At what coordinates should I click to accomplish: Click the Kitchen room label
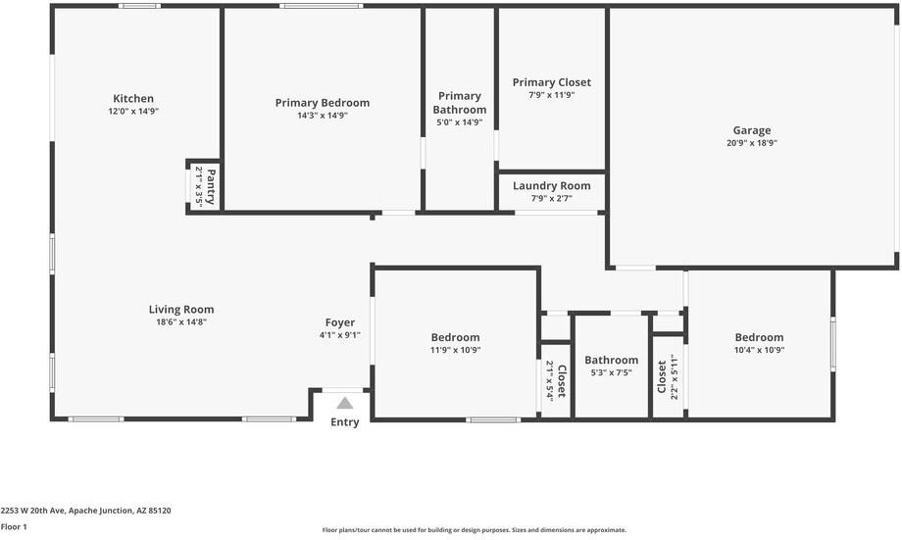[x=133, y=99]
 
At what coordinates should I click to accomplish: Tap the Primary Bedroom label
[x=322, y=103]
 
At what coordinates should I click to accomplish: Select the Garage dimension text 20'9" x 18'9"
[x=752, y=143]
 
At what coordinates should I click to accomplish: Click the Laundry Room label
[x=551, y=186]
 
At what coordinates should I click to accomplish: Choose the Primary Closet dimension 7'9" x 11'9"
[x=551, y=95]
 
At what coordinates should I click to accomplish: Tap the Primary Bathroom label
[x=459, y=103]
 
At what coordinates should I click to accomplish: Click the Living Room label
[x=181, y=310]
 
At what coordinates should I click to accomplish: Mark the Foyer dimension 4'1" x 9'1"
[x=340, y=335]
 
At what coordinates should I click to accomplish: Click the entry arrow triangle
[x=344, y=403]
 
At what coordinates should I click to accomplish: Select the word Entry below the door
[x=344, y=422]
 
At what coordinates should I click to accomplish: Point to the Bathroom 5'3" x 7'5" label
[x=611, y=361]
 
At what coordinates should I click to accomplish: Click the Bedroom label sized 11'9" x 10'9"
[x=455, y=338]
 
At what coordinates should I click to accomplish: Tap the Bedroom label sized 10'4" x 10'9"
[x=759, y=338]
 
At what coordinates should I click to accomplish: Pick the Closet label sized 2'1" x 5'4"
[x=562, y=380]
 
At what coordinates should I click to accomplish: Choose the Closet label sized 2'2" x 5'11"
[x=662, y=376]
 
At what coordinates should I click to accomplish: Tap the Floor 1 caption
[x=14, y=526]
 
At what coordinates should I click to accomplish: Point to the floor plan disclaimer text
[x=474, y=530]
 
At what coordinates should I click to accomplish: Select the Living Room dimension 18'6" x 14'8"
[x=181, y=321]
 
